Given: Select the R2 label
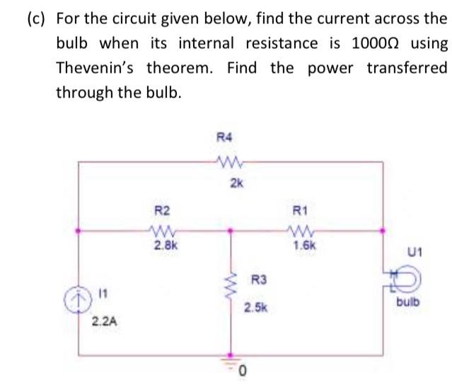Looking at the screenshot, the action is tap(162, 209).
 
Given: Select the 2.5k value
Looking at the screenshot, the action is tap(255, 309).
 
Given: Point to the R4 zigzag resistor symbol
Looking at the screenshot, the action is tap(231, 163).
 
